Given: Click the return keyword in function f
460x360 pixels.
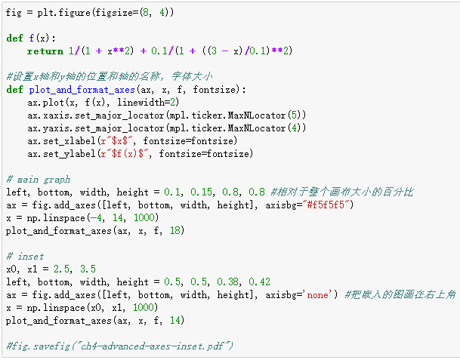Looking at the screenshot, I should [45, 51].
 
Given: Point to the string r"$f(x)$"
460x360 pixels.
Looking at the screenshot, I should [128, 154].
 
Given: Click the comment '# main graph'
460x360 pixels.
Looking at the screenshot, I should [38, 180].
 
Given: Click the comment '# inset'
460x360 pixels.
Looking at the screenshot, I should [25, 256].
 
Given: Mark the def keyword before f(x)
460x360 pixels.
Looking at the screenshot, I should [14, 38].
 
